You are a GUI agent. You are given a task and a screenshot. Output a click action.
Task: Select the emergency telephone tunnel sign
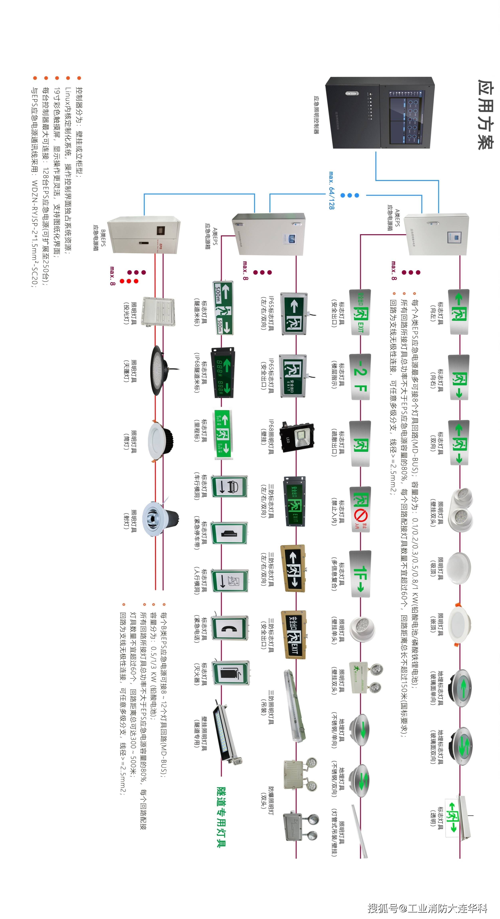click(230, 628)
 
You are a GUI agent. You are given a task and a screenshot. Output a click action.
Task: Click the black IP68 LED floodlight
click(297, 437)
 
